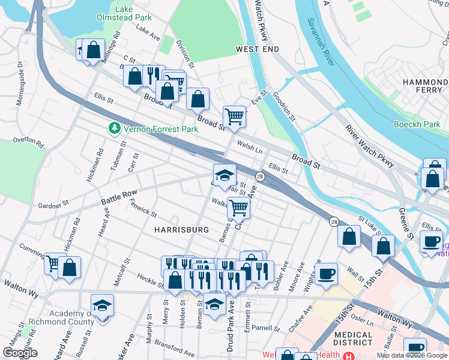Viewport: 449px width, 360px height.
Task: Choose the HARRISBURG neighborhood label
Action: [181, 230]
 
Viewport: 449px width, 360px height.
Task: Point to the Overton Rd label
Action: [29, 144]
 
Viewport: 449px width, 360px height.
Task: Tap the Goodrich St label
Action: [284, 107]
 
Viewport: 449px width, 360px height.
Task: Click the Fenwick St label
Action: [143, 210]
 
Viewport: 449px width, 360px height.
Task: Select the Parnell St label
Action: [266, 329]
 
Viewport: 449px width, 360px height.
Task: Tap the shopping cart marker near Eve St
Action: [234, 116]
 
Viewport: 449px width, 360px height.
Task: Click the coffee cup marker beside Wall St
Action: [326, 273]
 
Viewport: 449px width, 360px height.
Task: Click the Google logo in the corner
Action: [20, 353]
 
